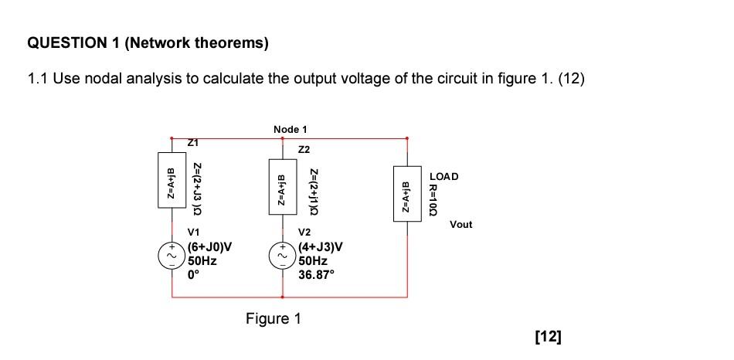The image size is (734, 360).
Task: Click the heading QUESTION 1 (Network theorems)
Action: [148, 44]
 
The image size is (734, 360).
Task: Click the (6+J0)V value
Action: [210, 248]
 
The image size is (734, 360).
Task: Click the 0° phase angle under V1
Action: [194, 274]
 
